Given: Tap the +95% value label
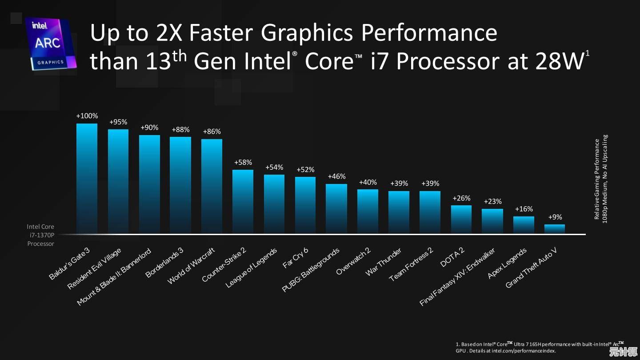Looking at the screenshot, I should click(x=118, y=122).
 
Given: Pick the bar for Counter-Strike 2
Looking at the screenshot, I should click(x=243, y=202).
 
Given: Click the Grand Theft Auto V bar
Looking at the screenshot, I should click(x=555, y=229).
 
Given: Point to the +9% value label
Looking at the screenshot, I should click(x=555, y=217).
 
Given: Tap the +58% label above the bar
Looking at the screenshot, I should click(x=243, y=162).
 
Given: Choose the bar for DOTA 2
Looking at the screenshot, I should click(x=461, y=220).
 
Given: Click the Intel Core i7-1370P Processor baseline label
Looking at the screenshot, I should click(x=40, y=235).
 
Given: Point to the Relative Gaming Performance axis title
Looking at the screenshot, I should click(x=600, y=179).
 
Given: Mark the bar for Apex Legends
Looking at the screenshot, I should click(x=524, y=225).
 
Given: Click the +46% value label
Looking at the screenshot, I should click(x=336, y=176).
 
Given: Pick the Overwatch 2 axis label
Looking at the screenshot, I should click(x=353, y=261).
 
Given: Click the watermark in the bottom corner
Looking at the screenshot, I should click(x=623, y=352).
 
